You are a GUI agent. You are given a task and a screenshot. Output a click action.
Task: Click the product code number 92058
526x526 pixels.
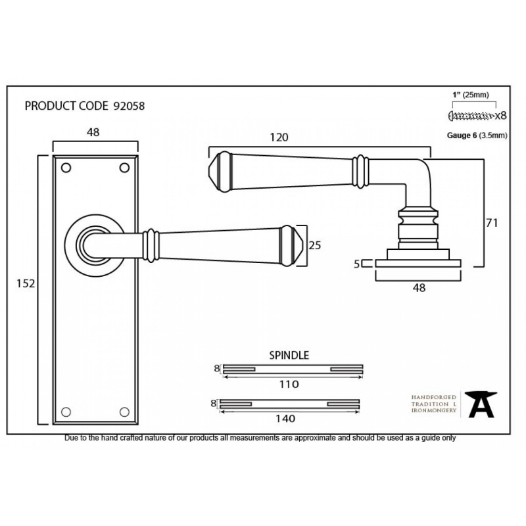click(x=129, y=106)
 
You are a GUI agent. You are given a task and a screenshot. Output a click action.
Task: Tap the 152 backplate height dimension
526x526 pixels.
click(x=26, y=284)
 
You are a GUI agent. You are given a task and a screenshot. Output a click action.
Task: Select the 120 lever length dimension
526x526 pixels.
click(x=279, y=137)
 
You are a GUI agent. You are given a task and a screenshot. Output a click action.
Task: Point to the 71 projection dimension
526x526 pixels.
click(x=491, y=223)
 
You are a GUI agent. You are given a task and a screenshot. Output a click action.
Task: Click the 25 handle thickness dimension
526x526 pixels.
click(x=315, y=245)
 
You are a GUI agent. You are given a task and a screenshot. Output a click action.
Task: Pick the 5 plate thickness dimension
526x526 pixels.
click(x=356, y=264)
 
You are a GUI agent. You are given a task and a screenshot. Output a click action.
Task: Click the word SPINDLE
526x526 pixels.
click(x=289, y=355)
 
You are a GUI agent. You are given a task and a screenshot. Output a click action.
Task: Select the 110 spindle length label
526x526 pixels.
click(x=289, y=384)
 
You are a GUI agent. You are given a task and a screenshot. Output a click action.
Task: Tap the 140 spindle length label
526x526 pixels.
click(x=285, y=419)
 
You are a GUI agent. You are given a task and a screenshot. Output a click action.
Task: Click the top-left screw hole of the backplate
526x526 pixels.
click(x=66, y=168)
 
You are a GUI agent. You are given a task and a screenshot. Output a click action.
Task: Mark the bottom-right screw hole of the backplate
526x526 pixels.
click(x=124, y=412)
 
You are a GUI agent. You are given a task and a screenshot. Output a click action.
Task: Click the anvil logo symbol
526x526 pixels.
click(x=481, y=404)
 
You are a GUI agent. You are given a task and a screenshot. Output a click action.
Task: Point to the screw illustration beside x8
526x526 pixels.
click(x=471, y=116)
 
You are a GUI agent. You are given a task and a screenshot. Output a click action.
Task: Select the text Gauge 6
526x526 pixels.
click(x=462, y=135)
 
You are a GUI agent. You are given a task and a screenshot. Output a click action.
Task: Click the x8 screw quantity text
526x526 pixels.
click(x=501, y=116)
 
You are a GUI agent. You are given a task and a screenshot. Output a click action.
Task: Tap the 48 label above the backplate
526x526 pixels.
click(x=93, y=132)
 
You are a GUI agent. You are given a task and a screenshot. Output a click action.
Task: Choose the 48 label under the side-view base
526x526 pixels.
click(x=419, y=288)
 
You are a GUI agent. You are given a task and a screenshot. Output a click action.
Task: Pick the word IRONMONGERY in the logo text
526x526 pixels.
click(x=434, y=410)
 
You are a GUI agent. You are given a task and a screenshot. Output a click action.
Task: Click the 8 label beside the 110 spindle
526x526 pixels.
click(x=217, y=368)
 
